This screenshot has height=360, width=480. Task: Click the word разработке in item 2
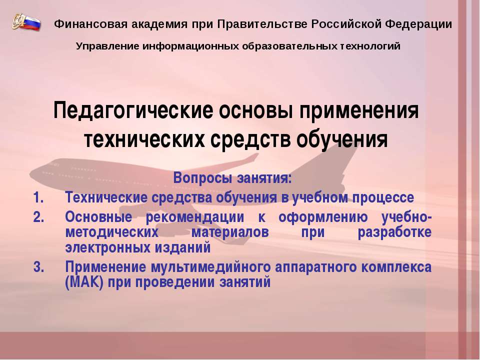pos(395,232)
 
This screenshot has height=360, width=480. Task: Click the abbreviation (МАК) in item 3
pos(83,282)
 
